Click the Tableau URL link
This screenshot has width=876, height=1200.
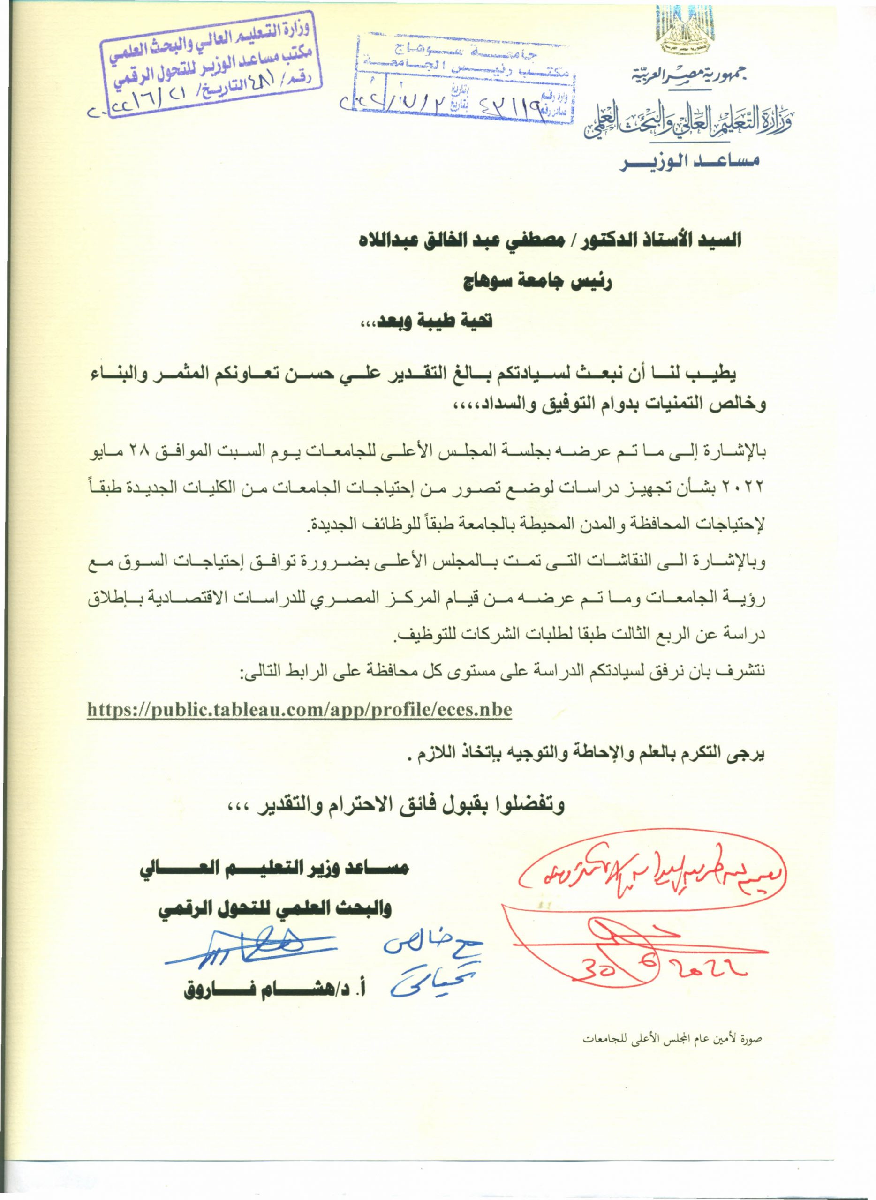[299, 710]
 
